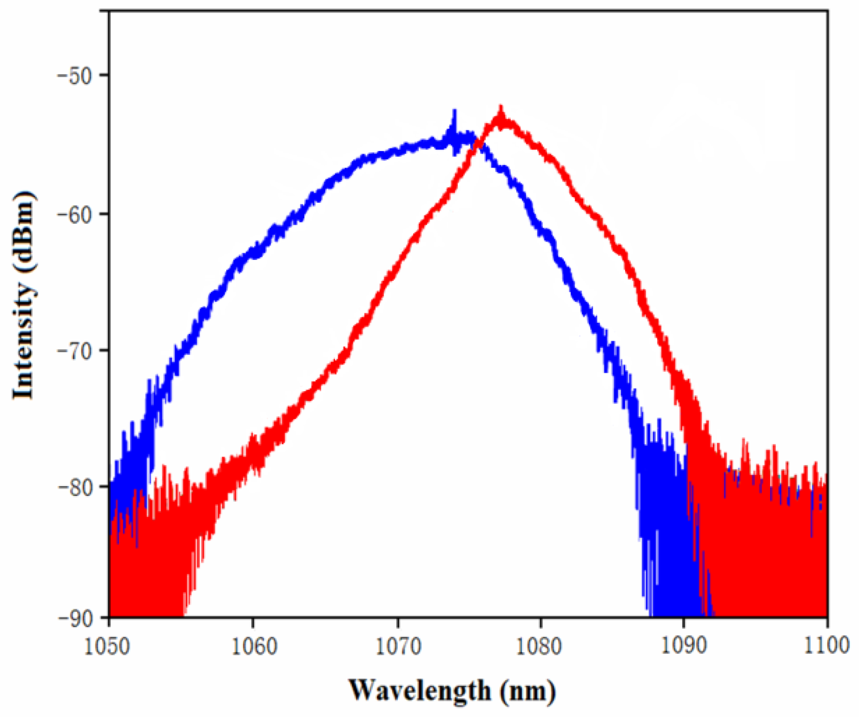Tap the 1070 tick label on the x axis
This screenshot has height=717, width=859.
pyautogui.click(x=397, y=646)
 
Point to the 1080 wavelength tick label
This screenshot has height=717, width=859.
pyautogui.click(x=540, y=646)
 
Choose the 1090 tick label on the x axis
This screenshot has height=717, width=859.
pyautogui.click(x=684, y=646)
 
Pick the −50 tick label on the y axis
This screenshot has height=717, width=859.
pyautogui.click(x=76, y=75)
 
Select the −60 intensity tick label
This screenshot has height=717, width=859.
pyautogui.click(x=76, y=213)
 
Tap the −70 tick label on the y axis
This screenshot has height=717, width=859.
pyautogui.click(x=76, y=350)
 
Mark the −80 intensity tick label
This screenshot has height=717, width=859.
pyautogui.click(x=76, y=486)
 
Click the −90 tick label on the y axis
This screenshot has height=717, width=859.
pyautogui.click(x=76, y=617)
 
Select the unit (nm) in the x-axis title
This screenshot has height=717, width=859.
pyautogui.click(x=528, y=690)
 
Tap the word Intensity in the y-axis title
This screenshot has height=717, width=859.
pyautogui.click(x=23, y=347)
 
